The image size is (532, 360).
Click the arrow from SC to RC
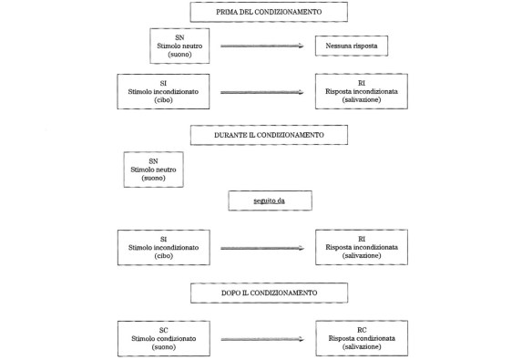click(x=261, y=339)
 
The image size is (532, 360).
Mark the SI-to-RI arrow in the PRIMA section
click(x=261, y=92)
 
